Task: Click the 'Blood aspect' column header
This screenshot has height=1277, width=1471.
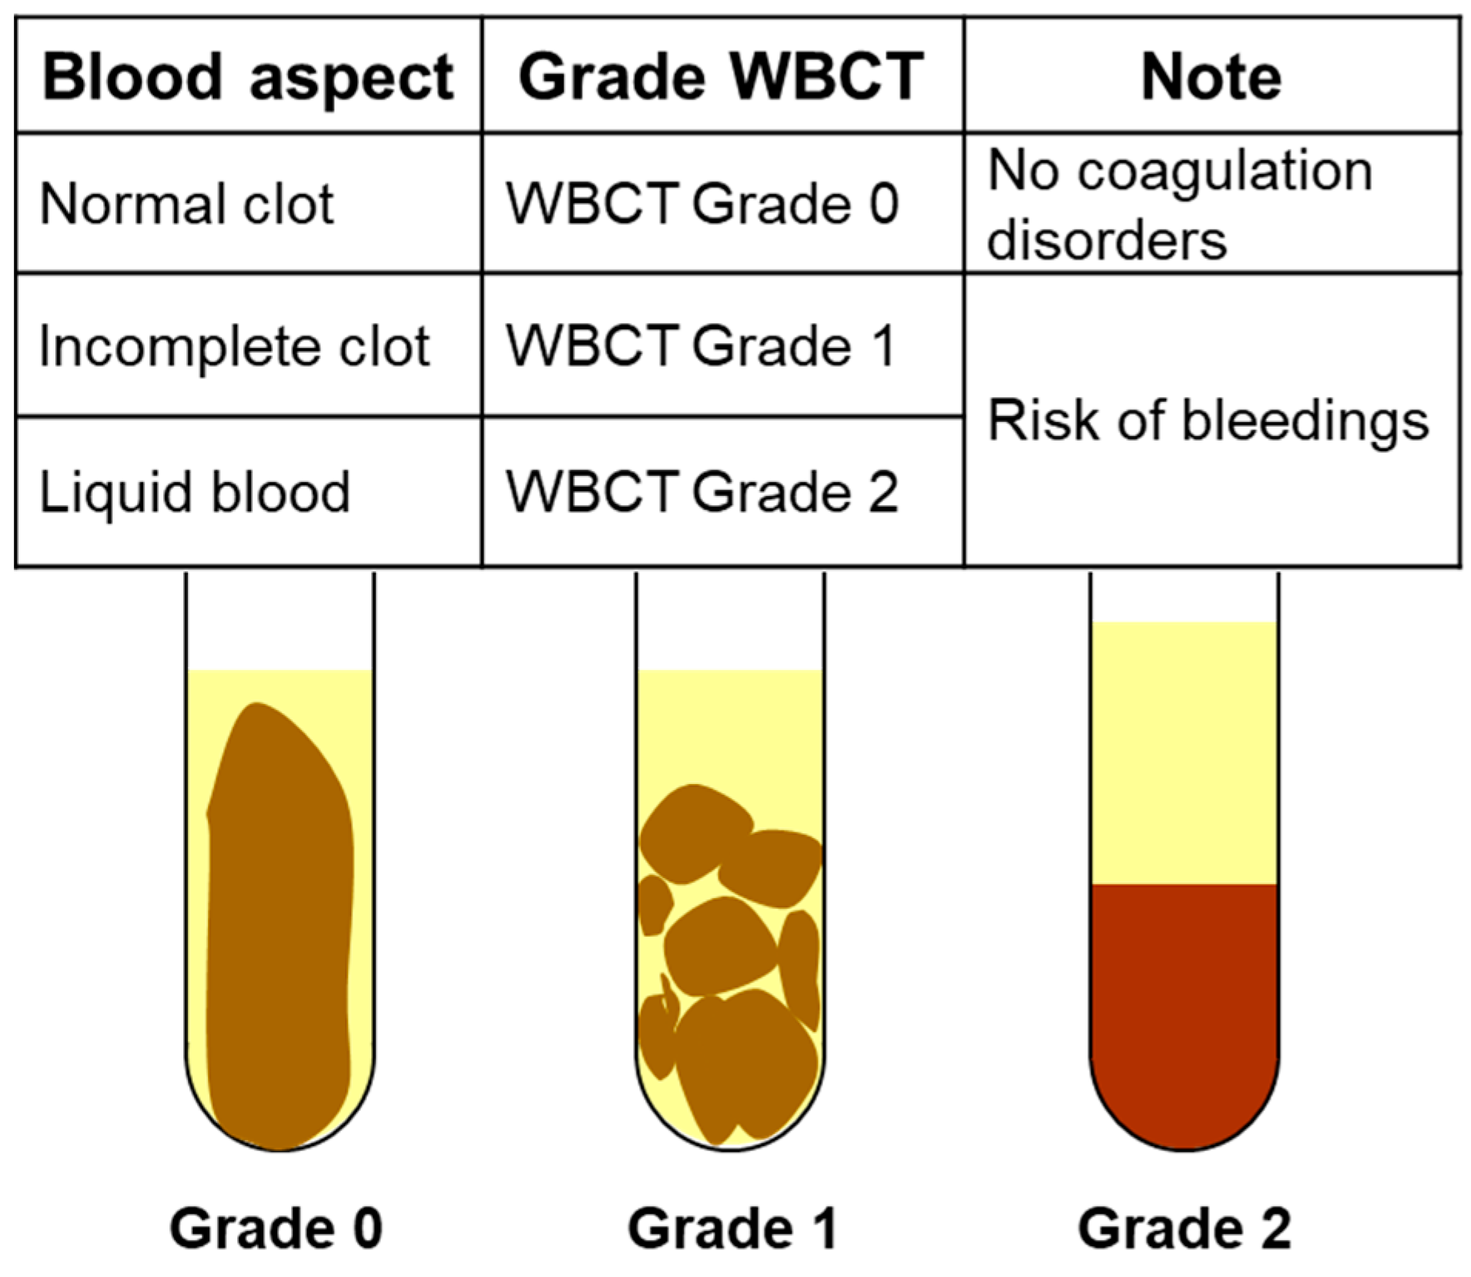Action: click(x=248, y=77)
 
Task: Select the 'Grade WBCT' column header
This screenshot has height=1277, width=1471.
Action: click(x=721, y=77)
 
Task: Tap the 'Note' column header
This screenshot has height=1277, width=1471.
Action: click(x=1211, y=77)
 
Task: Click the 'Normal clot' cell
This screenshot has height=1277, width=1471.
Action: click(x=186, y=204)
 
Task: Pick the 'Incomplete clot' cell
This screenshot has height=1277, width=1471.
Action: click(x=234, y=346)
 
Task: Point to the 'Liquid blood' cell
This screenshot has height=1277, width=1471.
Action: click(x=194, y=491)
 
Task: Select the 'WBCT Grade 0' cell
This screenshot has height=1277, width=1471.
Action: click(x=702, y=204)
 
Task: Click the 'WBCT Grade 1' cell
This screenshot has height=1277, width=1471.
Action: click(x=702, y=346)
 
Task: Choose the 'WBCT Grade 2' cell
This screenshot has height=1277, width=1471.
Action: click(x=702, y=491)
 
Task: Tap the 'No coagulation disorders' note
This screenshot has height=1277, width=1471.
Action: click(x=1179, y=204)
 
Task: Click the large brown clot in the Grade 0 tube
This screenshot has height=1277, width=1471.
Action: click(x=280, y=924)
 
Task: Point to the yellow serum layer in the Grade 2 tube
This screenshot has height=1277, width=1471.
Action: click(x=1184, y=751)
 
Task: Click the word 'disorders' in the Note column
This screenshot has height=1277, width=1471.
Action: click(x=1107, y=240)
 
